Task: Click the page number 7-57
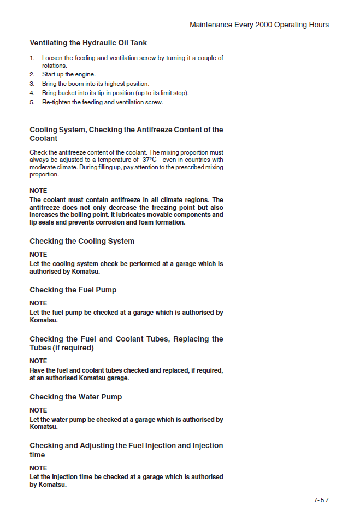321,499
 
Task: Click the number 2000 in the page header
262,25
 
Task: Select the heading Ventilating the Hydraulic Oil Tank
88,43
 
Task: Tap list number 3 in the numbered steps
32,84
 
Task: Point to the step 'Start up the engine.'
69,74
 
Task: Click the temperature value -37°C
145,160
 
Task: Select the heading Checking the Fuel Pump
73,290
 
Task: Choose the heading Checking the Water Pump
75,397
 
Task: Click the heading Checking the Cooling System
81,241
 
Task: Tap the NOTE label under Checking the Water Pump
38,410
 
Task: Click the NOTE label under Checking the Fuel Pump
38,303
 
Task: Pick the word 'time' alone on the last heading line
37,455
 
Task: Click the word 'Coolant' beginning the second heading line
44,139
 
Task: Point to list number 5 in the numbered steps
32,102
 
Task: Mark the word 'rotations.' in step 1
55,66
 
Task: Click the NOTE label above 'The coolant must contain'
38,191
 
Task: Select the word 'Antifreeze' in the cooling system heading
156,130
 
